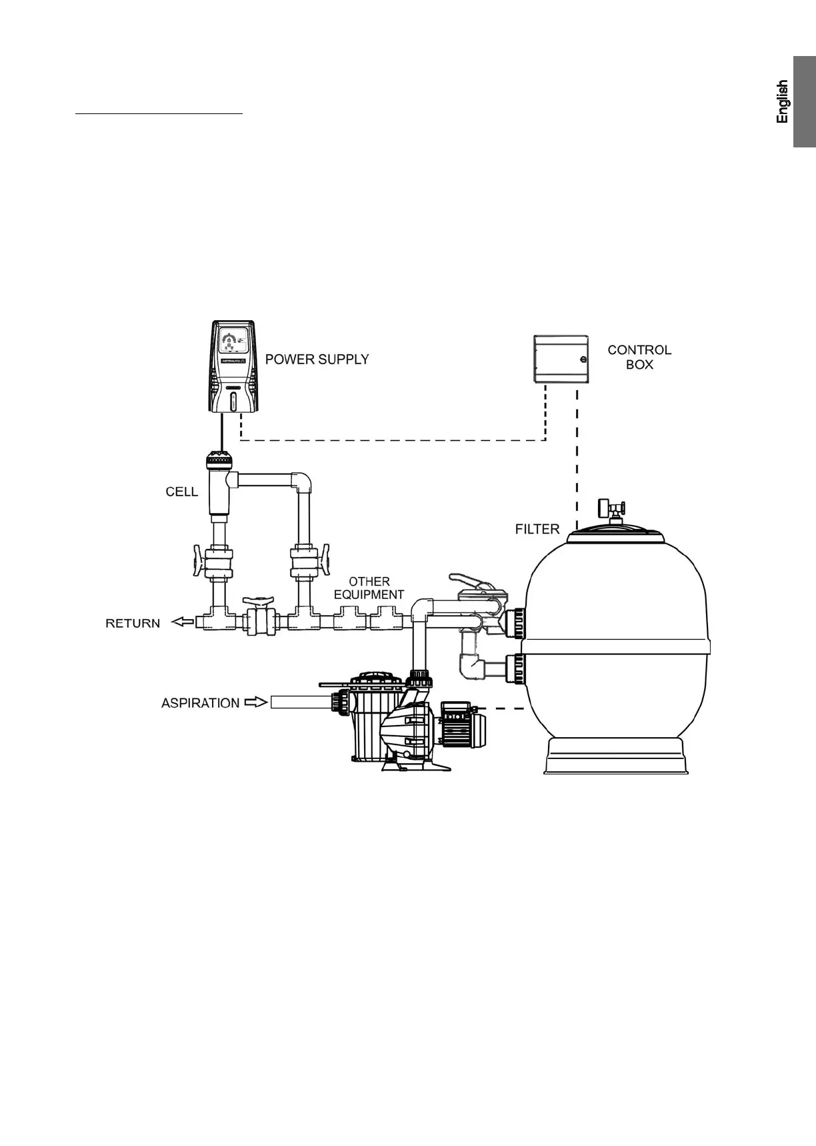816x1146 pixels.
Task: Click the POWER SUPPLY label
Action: [x=317, y=360]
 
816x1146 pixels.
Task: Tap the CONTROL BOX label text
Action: [x=639, y=358]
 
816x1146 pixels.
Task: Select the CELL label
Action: [x=181, y=492]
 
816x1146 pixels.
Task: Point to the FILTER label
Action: [x=537, y=529]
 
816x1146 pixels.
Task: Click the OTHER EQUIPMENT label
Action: [x=369, y=588]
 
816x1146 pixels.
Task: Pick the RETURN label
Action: [x=133, y=624]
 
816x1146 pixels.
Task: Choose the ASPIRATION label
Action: [x=200, y=703]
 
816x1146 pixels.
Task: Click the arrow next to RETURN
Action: [x=182, y=622]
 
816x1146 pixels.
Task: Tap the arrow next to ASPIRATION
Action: [x=256, y=702]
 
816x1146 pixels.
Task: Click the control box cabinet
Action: [x=561, y=359]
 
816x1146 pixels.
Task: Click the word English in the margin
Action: [x=783, y=101]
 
